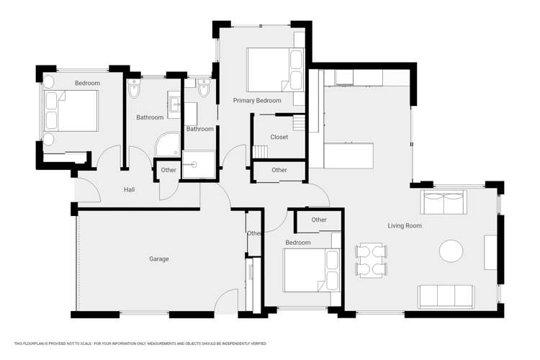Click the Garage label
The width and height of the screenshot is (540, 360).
click(x=159, y=259)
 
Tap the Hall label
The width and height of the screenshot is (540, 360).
click(x=129, y=190)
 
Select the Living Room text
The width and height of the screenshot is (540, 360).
click(x=405, y=226)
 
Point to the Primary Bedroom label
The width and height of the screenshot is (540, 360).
click(x=257, y=101)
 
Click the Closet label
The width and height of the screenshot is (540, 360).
click(x=279, y=138)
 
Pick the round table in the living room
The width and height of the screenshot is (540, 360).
click(x=451, y=251)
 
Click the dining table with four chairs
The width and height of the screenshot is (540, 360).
click(x=371, y=260)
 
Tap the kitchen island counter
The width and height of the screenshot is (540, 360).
click(x=348, y=155)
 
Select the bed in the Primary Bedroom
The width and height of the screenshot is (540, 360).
click(x=274, y=69)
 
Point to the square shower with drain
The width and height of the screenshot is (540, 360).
click(x=198, y=164)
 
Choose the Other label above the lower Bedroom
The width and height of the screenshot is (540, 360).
click(x=319, y=220)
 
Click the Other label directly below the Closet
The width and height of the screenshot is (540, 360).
click(x=279, y=171)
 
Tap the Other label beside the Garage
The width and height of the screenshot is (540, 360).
click(x=253, y=233)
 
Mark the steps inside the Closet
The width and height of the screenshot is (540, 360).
click(x=259, y=151)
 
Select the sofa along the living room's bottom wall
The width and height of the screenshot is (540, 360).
click(x=446, y=295)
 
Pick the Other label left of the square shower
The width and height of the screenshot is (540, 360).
click(x=168, y=171)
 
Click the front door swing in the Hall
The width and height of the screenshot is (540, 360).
click(x=88, y=189)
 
